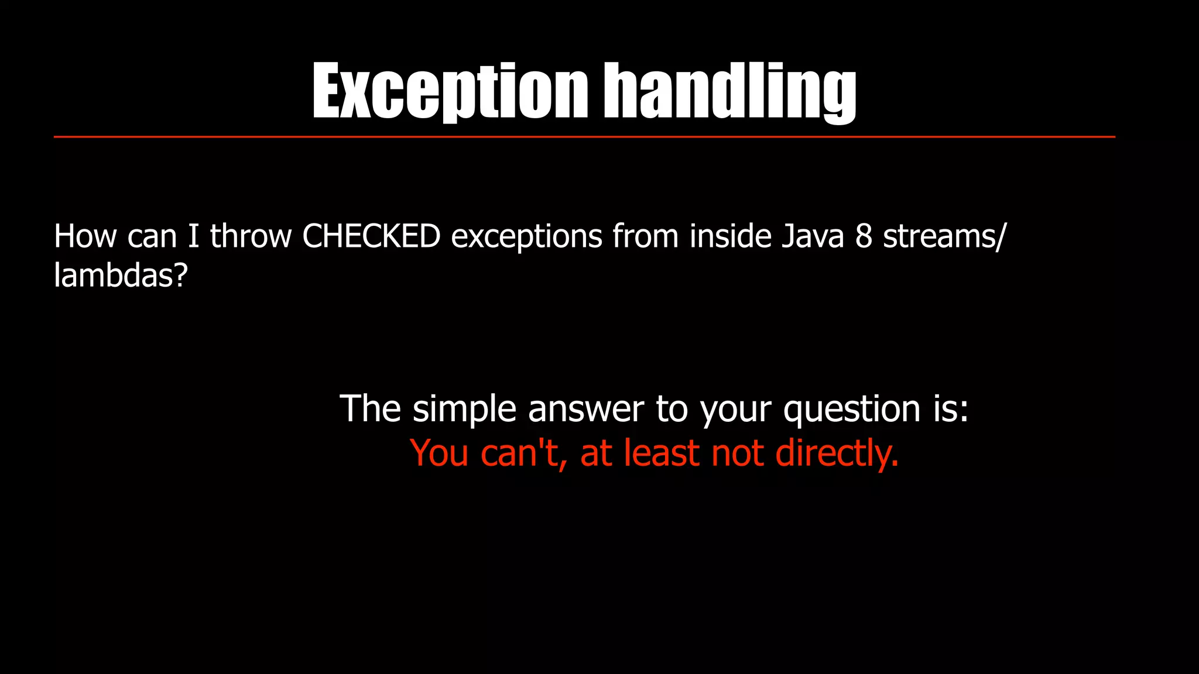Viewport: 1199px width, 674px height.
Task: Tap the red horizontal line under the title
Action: pos(584,137)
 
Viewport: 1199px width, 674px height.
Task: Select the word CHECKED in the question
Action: pos(371,236)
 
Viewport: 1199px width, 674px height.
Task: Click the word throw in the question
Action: pos(251,236)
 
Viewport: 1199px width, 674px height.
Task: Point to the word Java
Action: pos(813,236)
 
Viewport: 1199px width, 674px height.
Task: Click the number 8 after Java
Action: pos(864,236)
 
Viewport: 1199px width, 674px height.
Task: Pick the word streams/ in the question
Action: pos(944,236)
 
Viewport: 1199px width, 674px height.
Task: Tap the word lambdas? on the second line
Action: pos(121,275)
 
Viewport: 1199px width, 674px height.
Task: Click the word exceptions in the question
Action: pos(526,238)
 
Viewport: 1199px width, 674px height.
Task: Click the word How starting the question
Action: pos(85,236)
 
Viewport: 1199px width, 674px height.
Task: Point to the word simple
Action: pos(464,410)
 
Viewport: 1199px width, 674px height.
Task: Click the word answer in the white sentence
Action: pos(585,410)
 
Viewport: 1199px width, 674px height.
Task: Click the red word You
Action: pos(439,454)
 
